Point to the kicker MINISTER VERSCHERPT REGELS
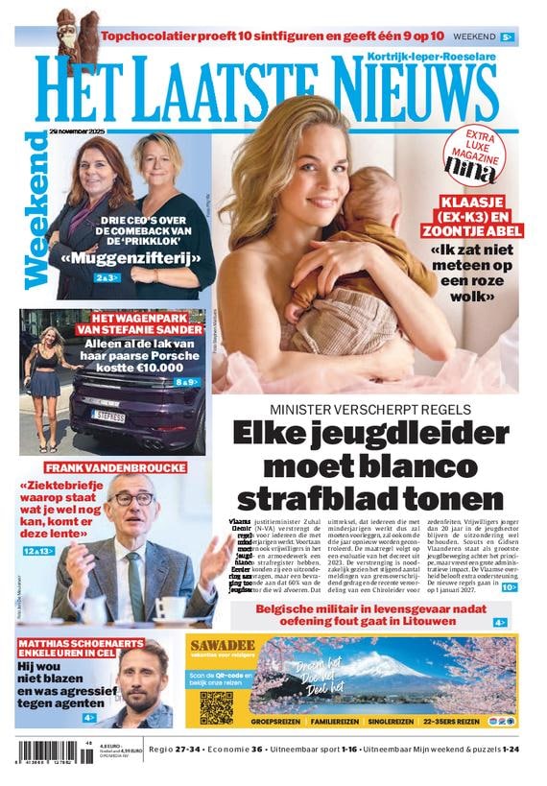(x=369, y=408)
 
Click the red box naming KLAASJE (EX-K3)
(x=480, y=217)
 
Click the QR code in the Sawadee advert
(x=216, y=706)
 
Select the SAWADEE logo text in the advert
(x=224, y=645)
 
